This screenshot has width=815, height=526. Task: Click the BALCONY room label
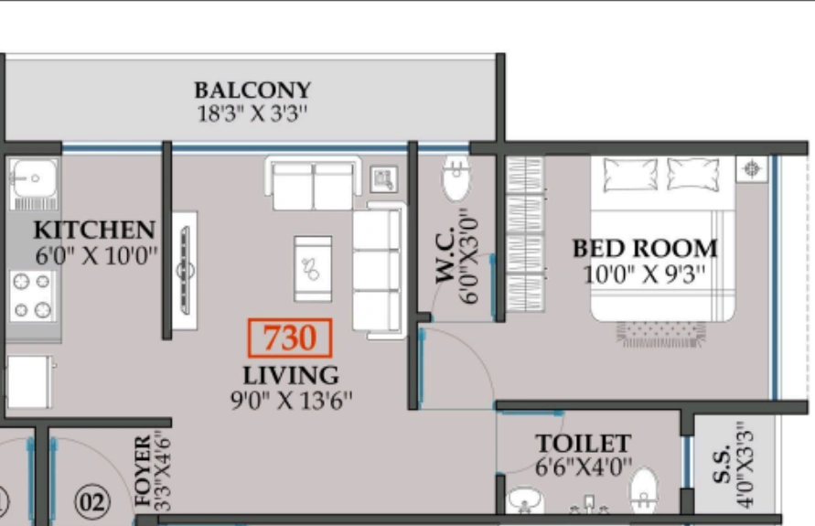pyautogui.click(x=252, y=91)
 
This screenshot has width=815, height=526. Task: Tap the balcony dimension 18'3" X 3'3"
pyautogui.click(x=252, y=114)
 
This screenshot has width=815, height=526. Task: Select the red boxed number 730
pyautogui.click(x=289, y=338)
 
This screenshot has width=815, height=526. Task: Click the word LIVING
pyautogui.click(x=291, y=375)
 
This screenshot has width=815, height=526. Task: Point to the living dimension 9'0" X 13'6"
pyautogui.click(x=291, y=399)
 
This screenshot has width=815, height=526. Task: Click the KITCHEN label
pyautogui.click(x=94, y=230)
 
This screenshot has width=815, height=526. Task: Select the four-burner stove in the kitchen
pyautogui.click(x=31, y=296)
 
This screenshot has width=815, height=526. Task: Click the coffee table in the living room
pyautogui.click(x=313, y=268)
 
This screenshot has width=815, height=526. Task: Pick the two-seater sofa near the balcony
pyautogui.click(x=313, y=183)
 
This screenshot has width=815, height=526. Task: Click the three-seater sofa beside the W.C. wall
pyautogui.click(x=379, y=270)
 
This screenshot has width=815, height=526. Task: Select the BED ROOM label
pyautogui.click(x=645, y=248)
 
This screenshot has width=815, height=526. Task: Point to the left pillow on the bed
pyautogui.click(x=630, y=173)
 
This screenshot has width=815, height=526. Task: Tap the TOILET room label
pyautogui.click(x=583, y=445)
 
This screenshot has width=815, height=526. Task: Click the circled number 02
pyautogui.click(x=92, y=501)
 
